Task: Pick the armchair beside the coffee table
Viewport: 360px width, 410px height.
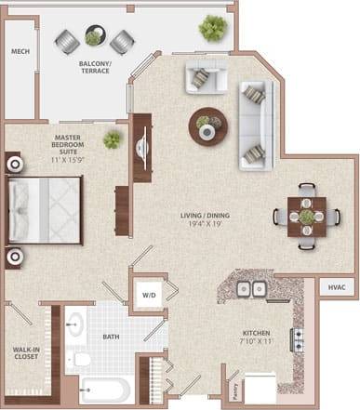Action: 203,79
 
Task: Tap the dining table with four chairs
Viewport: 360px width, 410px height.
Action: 306,217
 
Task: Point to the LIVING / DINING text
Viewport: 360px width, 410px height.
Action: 207,217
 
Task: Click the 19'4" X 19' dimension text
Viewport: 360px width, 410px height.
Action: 207,226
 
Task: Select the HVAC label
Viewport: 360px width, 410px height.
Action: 337,289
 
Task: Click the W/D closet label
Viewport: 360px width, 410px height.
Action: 149,297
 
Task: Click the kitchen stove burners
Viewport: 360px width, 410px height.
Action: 300,339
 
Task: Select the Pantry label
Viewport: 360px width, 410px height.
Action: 209,388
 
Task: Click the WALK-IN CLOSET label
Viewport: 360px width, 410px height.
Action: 24,354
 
